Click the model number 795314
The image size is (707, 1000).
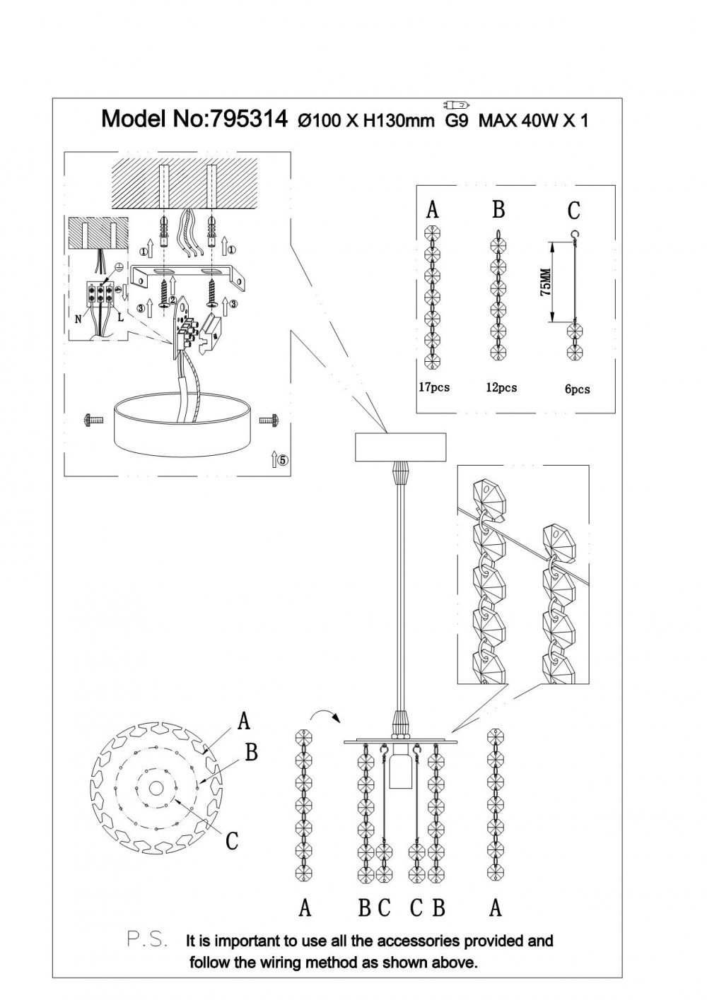coord(246,118)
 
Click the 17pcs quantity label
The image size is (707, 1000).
coord(433,387)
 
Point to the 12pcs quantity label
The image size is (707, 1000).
coord(501,387)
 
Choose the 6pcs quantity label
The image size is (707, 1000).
coord(578,389)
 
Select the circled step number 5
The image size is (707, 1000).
coord(282,460)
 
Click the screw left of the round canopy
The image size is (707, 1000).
coord(89,420)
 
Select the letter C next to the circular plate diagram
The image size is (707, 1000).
coord(232,840)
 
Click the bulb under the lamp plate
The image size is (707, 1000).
coord(399,771)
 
